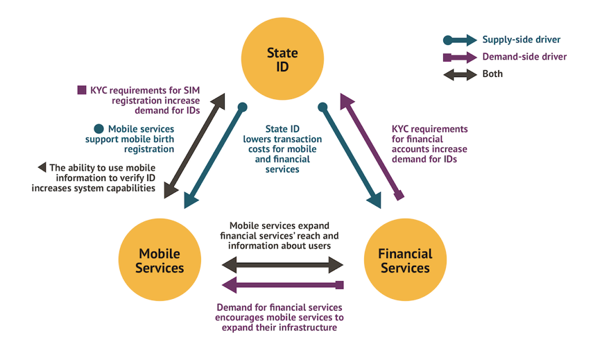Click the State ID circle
pyautogui.click(x=282, y=60)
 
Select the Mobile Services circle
pyautogui.click(x=161, y=260)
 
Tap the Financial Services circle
pyautogui.click(x=404, y=260)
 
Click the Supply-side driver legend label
pyautogui.click(x=521, y=40)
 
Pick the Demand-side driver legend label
pyautogui.click(x=524, y=57)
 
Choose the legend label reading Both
pyautogui.click(x=492, y=74)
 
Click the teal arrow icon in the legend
pyautogui.click(x=460, y=40)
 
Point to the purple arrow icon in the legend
pyautogui.click(x=460, y=57)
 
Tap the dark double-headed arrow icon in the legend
pyautogui.click(x=460, y=74)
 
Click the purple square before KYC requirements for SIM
pyautogui.click(x=82, y=89)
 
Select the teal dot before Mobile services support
pyautogui.click(x=98, y=129)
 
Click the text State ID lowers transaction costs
pyautogui.click(x=282, y=148)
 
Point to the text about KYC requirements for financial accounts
pyautogui.click(x=429, y=144)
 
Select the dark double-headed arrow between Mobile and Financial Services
pyautogui.click(x=282, y=264)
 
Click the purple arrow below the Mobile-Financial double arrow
pyautogui.click(x=282, y=284)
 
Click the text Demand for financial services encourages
pyautogui.click(x=279, y=317)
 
